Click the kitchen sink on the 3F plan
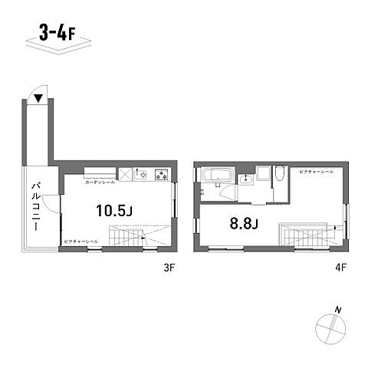143,175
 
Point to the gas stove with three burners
162,175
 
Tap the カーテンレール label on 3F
100,182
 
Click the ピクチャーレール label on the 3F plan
81,242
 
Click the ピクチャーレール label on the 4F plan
314,173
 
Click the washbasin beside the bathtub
245,179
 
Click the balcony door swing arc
51,204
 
